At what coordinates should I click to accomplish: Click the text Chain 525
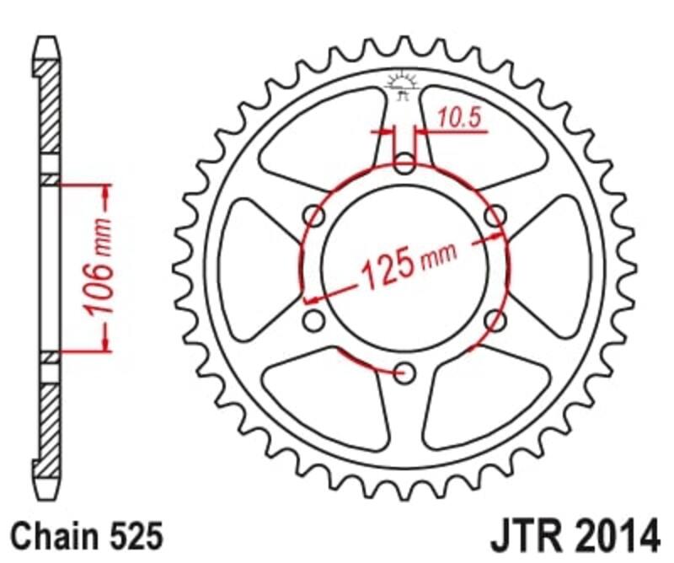click(x=83, y=534)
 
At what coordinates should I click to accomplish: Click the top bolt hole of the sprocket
click(x=405, y=164)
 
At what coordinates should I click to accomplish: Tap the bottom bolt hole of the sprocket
click(x=405, y=372)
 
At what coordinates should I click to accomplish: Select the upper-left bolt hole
click(x=315, y=217)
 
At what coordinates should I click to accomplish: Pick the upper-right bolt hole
click(x=495, y=217)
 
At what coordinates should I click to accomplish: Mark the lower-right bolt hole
click(x=495, y=319)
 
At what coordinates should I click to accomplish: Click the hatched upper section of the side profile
click(x=50, y=110)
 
